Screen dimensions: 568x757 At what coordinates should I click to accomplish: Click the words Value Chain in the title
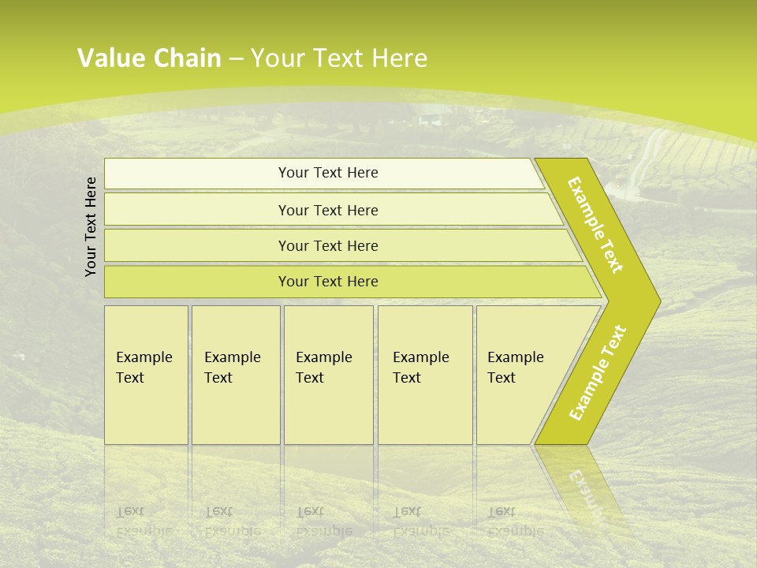[x=149, y=58]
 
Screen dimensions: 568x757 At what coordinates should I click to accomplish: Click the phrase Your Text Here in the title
[x=339, y=58]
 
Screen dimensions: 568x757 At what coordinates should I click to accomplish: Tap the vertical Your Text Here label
[x=91, y=226]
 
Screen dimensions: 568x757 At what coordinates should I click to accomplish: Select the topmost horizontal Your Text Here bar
[x=328, y=173]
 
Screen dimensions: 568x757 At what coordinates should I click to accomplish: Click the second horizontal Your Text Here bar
[x=328, y=210]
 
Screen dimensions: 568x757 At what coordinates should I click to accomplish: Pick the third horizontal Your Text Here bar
[x=328, y=245]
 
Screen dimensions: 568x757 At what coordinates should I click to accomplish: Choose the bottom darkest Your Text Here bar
[x=328, y=282]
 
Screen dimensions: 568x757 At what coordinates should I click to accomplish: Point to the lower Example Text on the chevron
[x=598, y=372]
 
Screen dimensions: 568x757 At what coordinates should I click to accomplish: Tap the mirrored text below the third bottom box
[x=323, y=521]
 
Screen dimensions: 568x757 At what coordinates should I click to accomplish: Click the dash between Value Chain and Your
[x=236, y=59]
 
